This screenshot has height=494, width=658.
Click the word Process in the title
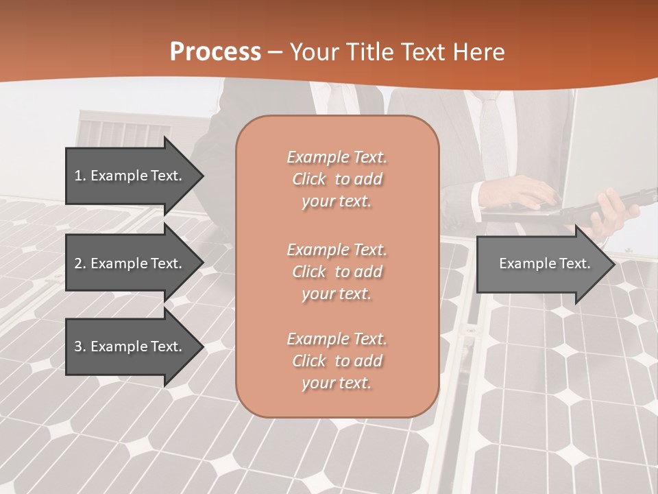215,52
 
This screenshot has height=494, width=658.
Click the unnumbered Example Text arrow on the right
545,263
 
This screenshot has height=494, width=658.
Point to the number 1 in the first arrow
78,176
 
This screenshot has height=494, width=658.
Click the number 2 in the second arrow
78,263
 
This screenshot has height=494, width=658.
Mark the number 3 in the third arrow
78,346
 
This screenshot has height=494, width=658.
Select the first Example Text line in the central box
337,157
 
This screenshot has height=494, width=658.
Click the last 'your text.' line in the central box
337,383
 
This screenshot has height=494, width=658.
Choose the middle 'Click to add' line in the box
337,272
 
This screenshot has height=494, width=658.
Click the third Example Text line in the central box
337,339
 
